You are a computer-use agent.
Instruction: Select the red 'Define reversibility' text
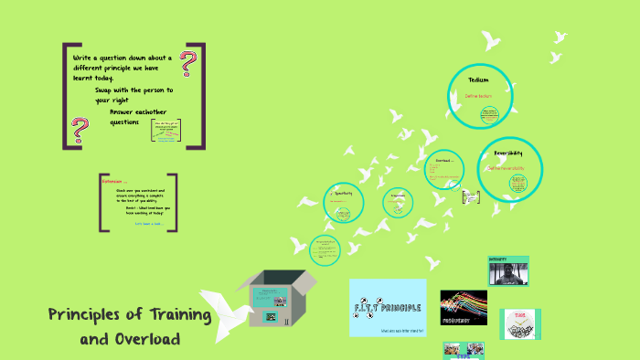(x=506, y=168)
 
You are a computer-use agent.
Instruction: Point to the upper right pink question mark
(x=189, y=64)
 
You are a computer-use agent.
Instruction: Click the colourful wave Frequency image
(x=464, y=307)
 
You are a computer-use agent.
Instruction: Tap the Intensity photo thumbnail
(x=508, y=270)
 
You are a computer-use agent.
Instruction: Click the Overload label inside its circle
(x=444, y=160)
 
